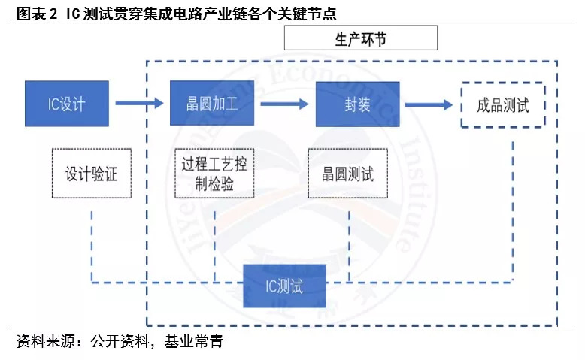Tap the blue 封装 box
click(x=357, y=102)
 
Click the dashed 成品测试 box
click(x=502, y=104)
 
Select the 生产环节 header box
click(x=361, y=38)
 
